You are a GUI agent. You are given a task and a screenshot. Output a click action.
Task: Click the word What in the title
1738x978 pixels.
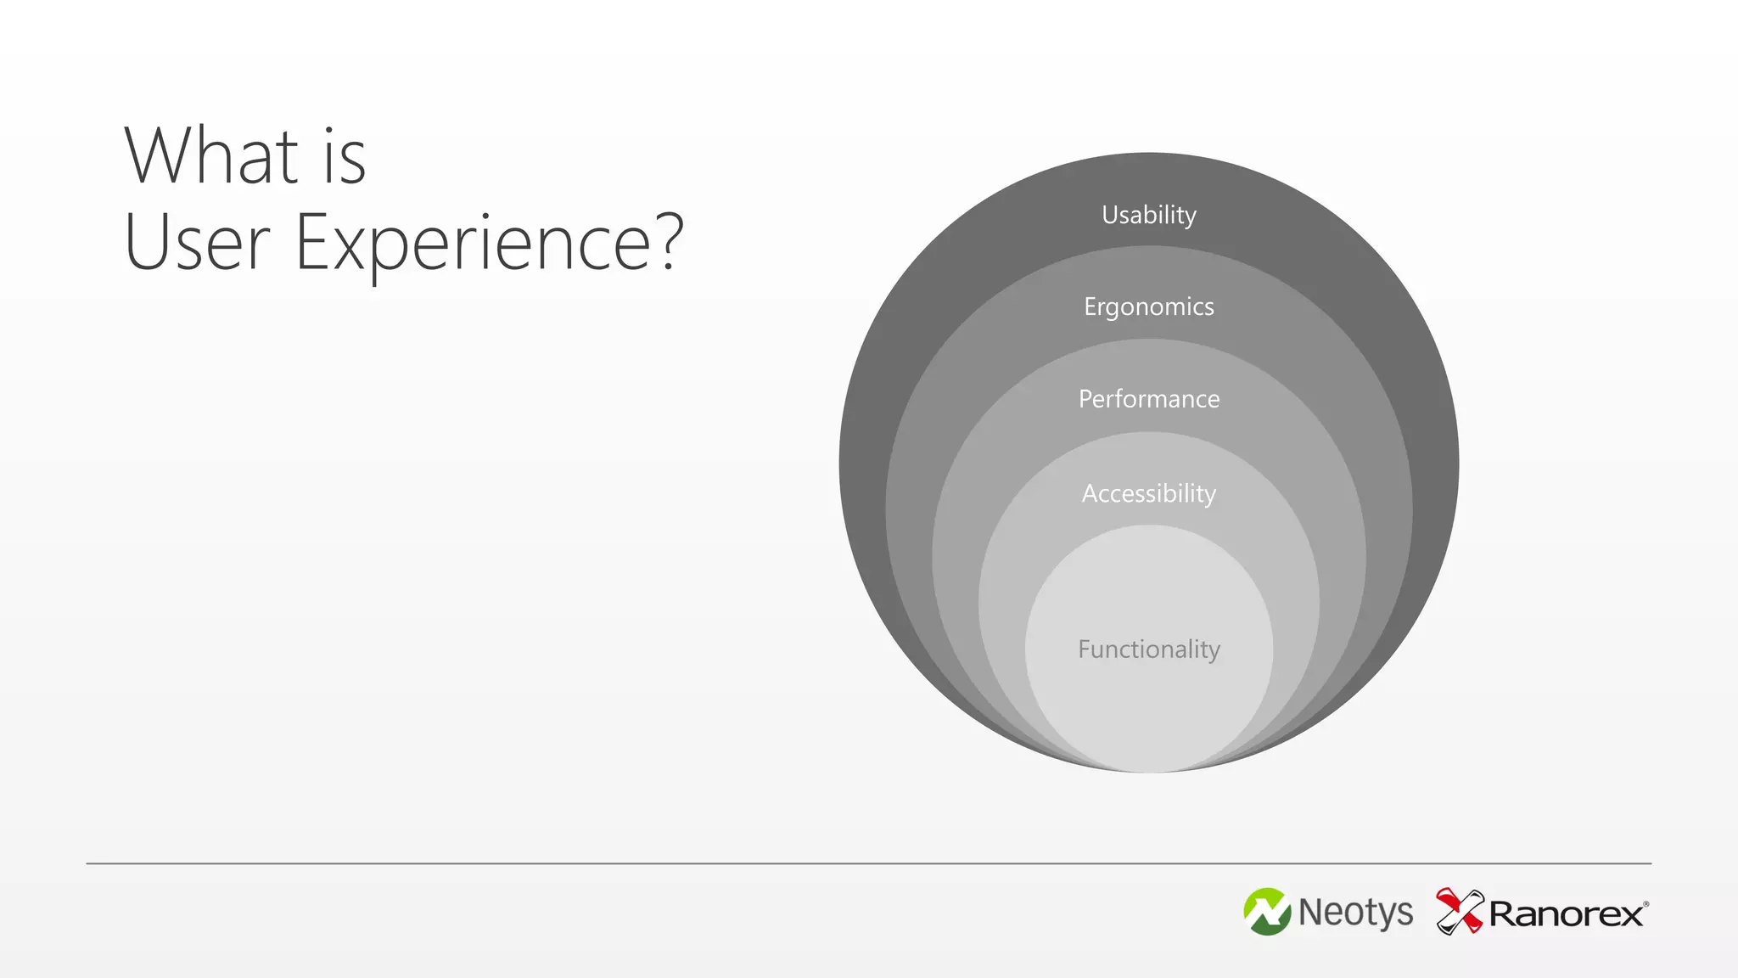(x=212, y=156)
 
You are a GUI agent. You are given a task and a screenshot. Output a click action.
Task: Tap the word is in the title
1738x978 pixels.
(x=345, y=158)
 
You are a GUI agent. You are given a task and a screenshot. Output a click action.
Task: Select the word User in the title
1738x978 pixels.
(x=197, y=243)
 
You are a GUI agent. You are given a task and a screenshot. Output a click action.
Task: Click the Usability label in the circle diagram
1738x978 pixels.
(x=1149, y=215)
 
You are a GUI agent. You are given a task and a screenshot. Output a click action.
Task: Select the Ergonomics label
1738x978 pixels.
(x=1149, y=306)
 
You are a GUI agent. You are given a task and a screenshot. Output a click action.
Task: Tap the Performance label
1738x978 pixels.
(x=1149, y=399)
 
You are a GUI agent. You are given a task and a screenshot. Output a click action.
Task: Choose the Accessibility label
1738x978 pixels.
(x=1149, y=493)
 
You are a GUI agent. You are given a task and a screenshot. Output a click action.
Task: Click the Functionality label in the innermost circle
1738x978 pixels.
(x=1149, y=649)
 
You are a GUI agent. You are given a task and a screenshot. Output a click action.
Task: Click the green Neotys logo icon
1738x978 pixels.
(x=1267, y=912)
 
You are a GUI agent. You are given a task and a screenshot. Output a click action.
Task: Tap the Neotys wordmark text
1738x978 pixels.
(x=1356, y=913)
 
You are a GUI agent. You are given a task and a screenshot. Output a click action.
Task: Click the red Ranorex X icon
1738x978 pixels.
(x=1459, y=911)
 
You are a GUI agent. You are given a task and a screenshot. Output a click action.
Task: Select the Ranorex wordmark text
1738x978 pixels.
(x=1567, y=914)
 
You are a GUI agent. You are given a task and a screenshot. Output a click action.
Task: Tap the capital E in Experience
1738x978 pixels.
(x=311, y=243)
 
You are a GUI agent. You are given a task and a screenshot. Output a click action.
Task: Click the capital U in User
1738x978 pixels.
(x=146, y=243)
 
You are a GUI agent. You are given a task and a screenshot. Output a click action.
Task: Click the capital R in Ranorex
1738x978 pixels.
(x=1503, y=914)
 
